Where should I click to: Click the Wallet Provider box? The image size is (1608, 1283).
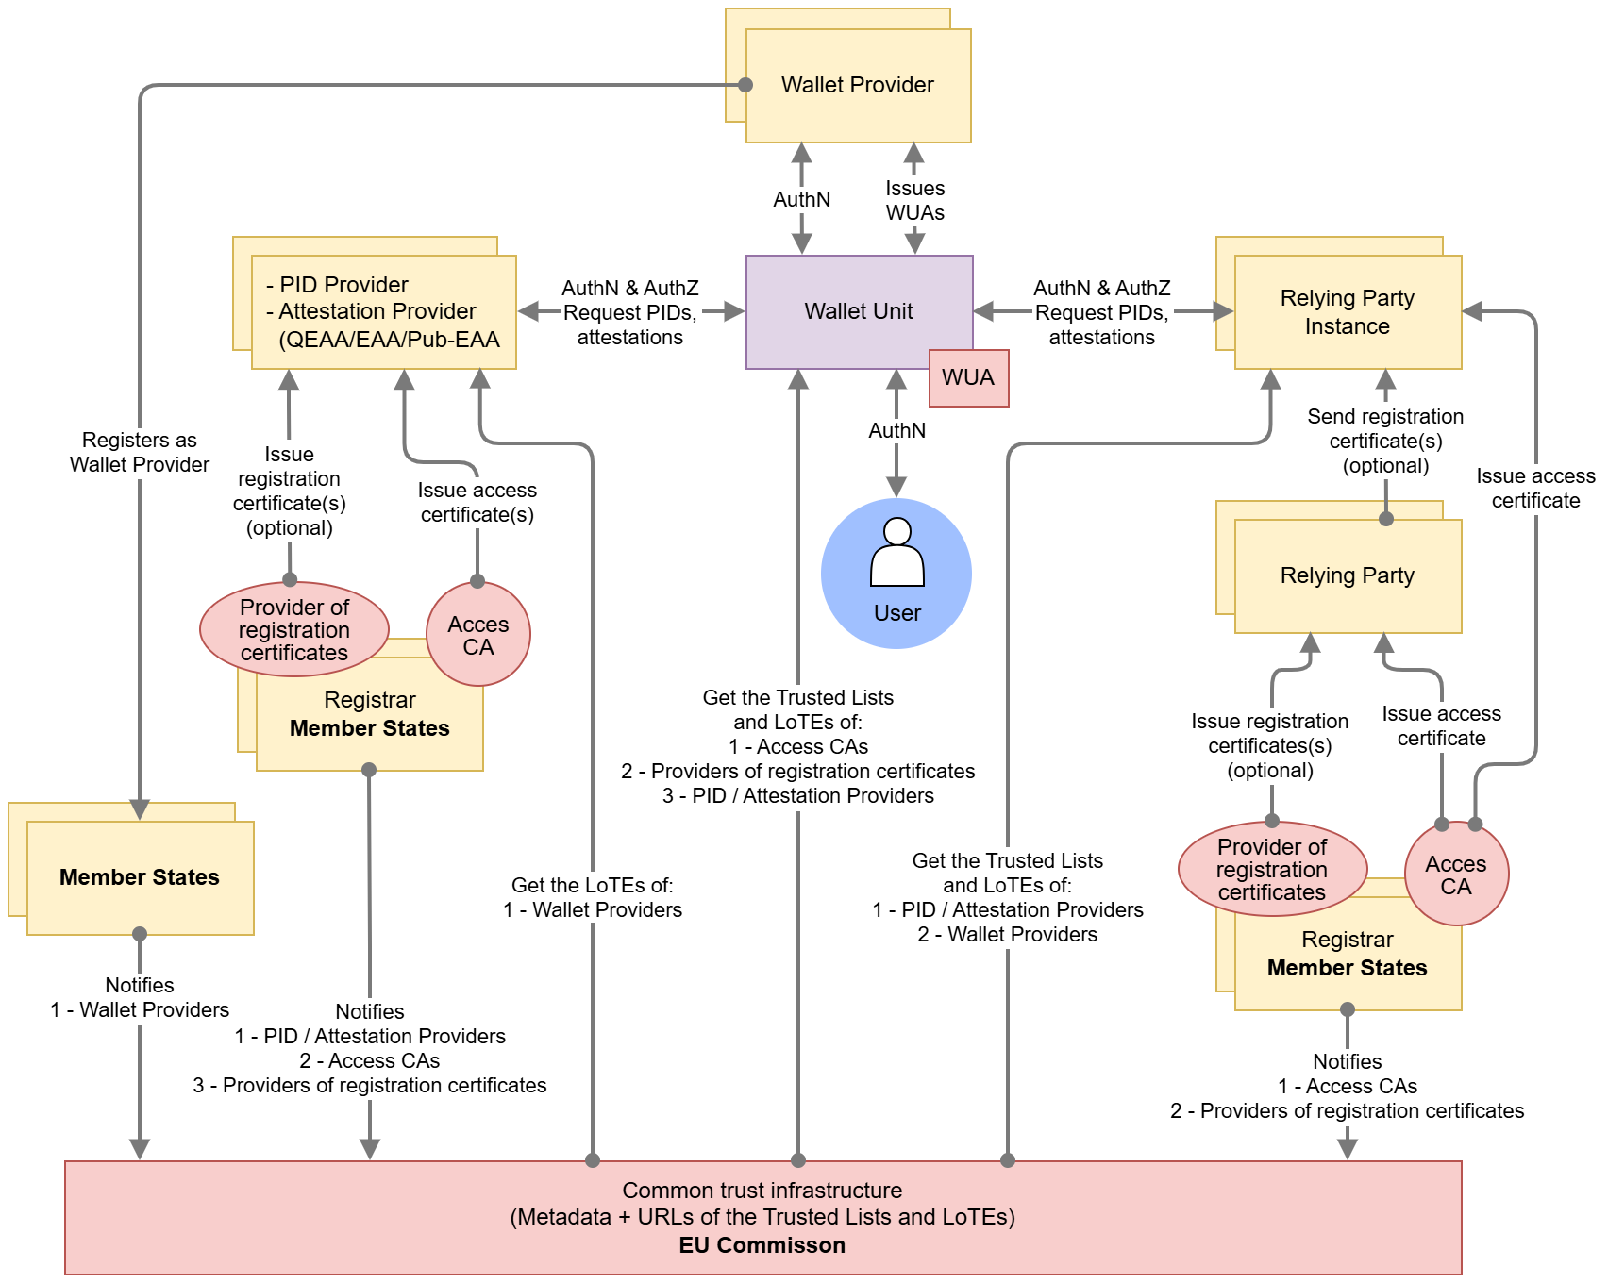pyautogui.click(x=858, y=86)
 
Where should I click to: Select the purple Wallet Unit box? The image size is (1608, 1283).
pyautogui.click(x=858, y=311)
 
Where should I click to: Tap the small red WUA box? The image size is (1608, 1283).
pyautogui.click(x=968, y=378)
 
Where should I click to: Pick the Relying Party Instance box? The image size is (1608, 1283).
pyautogui.click(x=1347, y=312)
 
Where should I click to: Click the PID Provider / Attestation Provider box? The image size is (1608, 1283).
pyautogui.click(x=384, y=312)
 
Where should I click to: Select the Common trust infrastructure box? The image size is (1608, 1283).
pyautogui.click(x=762, y=1217)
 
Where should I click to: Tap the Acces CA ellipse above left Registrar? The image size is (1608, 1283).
pyautogui.click(x=478, y=635)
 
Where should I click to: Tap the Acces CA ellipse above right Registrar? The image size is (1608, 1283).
pyautogui.click(x=1456, y=875)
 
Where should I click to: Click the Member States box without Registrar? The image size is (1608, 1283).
pyautogui.click(x=140, y=877)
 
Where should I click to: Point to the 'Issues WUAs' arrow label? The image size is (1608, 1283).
pyautogui.click(x=914, y=201)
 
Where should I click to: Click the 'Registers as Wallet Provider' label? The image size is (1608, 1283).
pyautogui.click(x=140, y=452)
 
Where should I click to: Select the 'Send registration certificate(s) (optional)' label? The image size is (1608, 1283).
pyautogui.click(x=1385, y=441)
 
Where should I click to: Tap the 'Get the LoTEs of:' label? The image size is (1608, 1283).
pyautogui.click(x=593, y=885)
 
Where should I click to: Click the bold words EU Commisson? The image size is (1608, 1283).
pyautogui.click(x=762, y=1245)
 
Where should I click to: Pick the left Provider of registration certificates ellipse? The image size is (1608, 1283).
pyautogui.click(x=294, y=629)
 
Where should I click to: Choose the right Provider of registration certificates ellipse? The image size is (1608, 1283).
pyautogui.click(x=1271, y=869)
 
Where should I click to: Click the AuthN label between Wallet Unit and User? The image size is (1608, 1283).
pyautogui.click(x=896, y=430)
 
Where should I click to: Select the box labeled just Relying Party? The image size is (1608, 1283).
pyautogui.click(x=1347, y=575)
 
